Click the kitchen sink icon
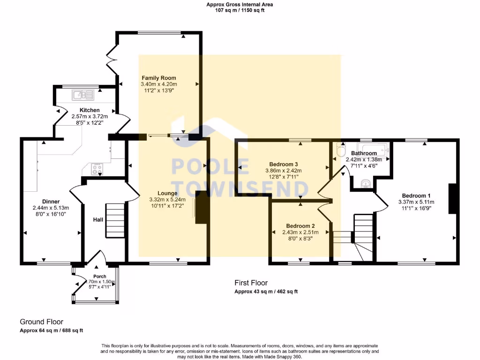point(83,95)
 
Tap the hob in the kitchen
point(97,169)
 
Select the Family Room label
point(159,78)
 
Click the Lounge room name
point(167,193)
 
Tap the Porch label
point(99,277)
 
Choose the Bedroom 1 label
point(416,195)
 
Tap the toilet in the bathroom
point(341,151)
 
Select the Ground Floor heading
point(41,322)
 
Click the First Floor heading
point(251,283)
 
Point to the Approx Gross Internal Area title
point(240,5)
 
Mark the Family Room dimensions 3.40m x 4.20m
point(159,84)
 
